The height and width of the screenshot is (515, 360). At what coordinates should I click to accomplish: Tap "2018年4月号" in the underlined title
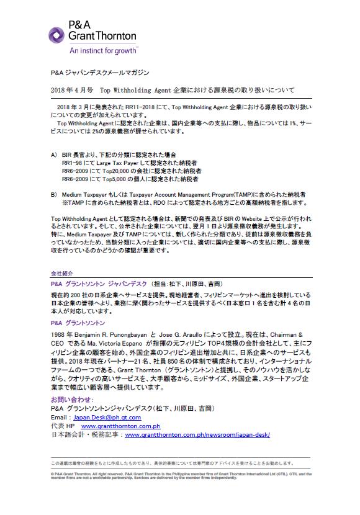(x=73, y=91)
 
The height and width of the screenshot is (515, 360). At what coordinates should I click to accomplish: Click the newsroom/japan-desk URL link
(x=197, y=435)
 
